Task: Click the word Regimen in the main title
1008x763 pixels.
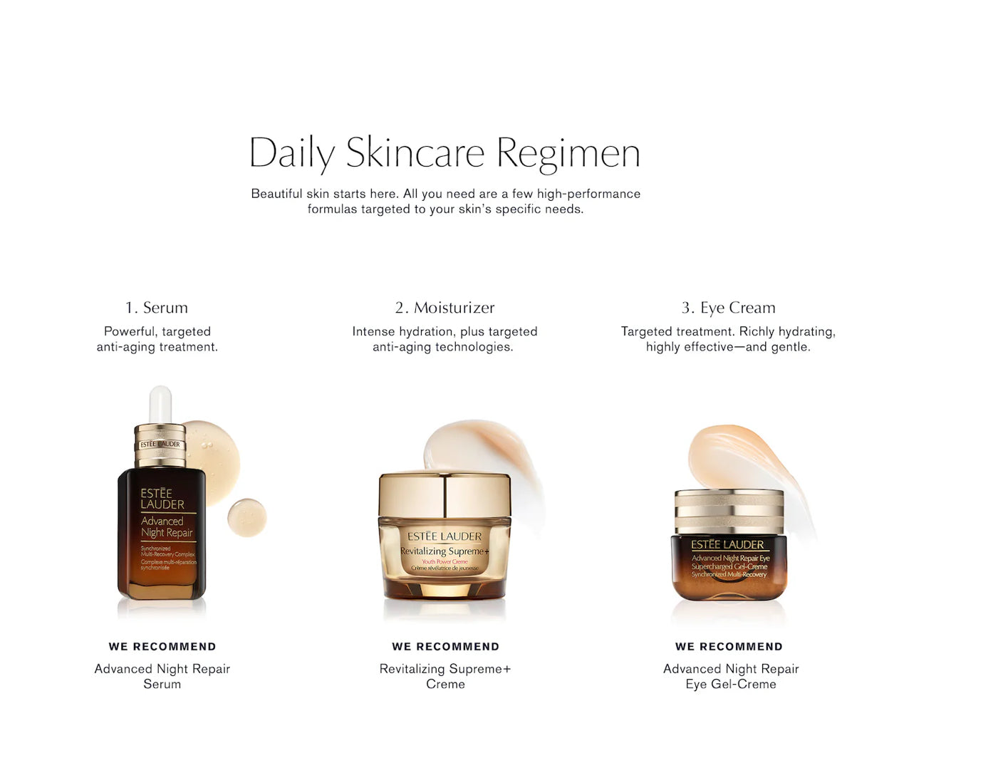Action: [568, 153]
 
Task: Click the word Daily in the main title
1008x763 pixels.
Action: [292, 153]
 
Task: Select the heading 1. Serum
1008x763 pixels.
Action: [157, 308]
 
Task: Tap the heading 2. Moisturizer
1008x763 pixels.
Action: [445, 308]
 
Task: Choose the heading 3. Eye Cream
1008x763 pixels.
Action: [728, 308]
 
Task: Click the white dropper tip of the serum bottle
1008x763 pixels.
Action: [161, 403]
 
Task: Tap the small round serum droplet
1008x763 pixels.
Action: [246, 517]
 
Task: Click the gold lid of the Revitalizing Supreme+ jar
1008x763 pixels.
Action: [445, 494]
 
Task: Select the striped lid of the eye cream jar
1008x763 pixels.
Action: [728, 511]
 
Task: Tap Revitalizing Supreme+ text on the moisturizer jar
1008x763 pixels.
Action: [445, 551]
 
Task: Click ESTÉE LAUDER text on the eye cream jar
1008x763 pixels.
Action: [727, 545]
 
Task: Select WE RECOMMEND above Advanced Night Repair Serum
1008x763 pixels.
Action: [162, 647]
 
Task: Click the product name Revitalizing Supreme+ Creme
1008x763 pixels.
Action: [445, 676]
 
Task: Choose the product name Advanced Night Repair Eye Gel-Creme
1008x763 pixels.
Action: [731, 676]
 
